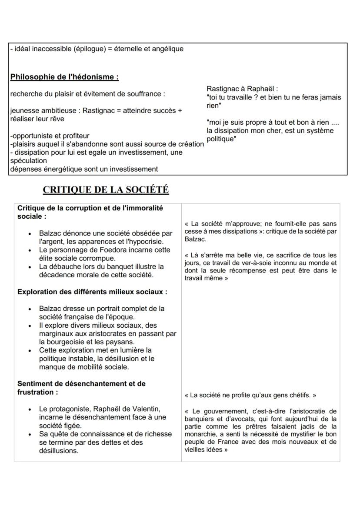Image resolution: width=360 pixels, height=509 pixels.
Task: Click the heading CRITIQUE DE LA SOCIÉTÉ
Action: [106, 190]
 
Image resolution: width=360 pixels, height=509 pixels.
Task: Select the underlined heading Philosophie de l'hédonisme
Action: [64, 77]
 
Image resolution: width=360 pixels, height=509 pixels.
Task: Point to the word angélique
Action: [167, 49]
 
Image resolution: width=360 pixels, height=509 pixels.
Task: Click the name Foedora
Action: [106, 250]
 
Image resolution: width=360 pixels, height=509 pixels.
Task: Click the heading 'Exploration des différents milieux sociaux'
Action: [92, 292]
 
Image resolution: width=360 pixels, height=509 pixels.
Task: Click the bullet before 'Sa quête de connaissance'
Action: [29, 434]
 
